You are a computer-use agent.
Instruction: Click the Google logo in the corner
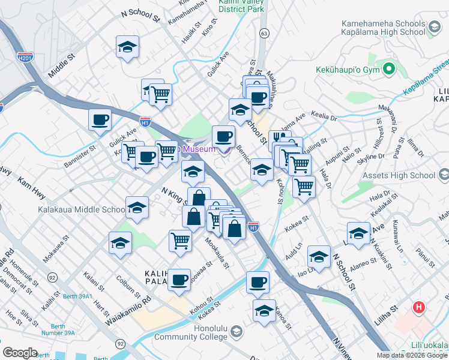[x=20, y=353]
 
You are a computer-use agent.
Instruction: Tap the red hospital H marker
[x=419, y=308]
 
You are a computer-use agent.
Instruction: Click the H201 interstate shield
[x=25, y=58]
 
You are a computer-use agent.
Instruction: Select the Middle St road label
[x=60, y=65]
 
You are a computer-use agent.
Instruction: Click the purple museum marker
[x=224, y=149]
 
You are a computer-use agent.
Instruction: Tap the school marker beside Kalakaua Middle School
[x=137, y=208]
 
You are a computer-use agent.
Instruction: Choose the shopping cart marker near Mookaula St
[x=180, y=241]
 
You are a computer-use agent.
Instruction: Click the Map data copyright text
[x=412, y=355]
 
